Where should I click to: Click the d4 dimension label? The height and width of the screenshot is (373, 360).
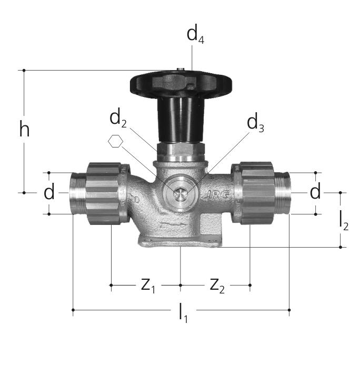[195, 35]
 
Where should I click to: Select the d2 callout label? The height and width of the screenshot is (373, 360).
[118, 119]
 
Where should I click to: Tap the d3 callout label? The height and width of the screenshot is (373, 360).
[255, 124]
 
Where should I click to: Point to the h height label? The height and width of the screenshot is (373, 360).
[25, 129]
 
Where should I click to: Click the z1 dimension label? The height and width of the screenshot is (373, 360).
[148, 286]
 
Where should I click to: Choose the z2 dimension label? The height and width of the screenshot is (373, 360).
[217, 286]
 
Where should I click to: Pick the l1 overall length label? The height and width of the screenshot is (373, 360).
[183, 314]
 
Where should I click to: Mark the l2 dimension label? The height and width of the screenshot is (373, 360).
[344, 222]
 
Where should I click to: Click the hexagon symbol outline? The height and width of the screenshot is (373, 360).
[115, 141]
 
